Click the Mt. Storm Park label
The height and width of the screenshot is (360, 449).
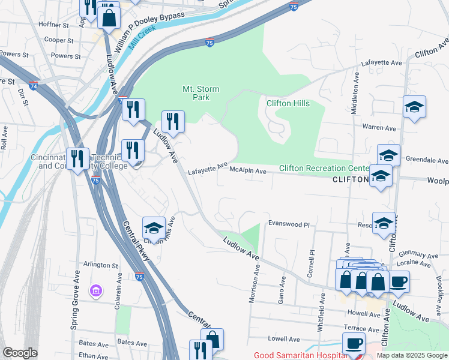(x=200, y=93)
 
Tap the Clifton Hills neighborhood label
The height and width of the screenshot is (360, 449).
(x=288, y=103)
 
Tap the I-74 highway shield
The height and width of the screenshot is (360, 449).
(x=33, y=86)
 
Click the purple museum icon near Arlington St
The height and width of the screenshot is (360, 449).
(x=95, y=291)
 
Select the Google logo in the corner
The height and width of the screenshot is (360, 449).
(x=20, y=353)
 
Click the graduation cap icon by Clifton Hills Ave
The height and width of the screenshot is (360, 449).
(x=154, y=228)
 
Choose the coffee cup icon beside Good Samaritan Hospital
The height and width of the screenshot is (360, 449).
(x=354, y=344)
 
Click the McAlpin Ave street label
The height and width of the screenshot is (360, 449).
(x=248, y=171)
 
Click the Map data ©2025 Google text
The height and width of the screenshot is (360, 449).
(x=411, y=355)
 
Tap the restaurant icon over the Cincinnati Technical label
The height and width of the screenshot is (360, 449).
(x=77, y=159)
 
